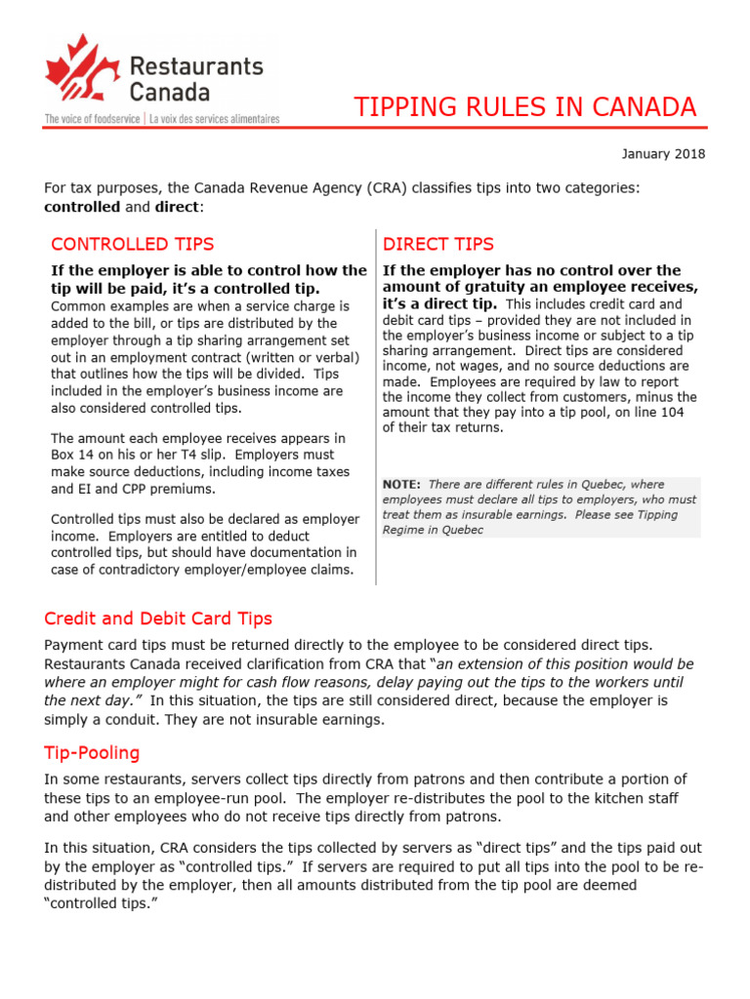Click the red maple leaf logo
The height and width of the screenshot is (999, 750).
(x=79, y=72)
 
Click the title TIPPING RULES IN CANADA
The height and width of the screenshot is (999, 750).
(x=524, y=106)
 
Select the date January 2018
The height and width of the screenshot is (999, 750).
(x=662, y=154)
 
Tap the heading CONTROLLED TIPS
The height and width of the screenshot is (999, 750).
(x=132, y=244)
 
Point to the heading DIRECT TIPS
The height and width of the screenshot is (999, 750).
(x=438, y=244)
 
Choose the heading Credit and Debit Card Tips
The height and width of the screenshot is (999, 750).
(x=158, y=619)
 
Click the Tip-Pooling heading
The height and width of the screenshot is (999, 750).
(x=92, y=752)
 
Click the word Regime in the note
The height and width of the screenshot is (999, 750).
(x=404, y=530)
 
